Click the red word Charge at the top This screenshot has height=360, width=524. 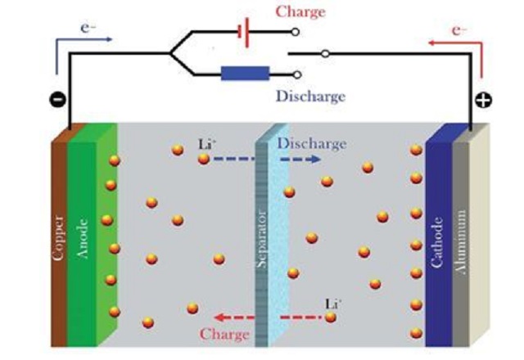(x=300, y=11)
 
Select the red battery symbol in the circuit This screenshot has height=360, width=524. (x=242, y=34)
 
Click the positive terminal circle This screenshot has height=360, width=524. (x=483, y=102)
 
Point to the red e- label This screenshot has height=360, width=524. (x=458, y=29)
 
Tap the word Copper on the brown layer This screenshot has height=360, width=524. (x=58, y=238)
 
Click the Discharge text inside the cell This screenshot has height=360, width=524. (x=310, y=144)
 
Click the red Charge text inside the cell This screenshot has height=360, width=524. (x=224, y=334)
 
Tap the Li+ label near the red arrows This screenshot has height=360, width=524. (x=333, y=303)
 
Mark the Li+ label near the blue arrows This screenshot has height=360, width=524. (x=206, y=145)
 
